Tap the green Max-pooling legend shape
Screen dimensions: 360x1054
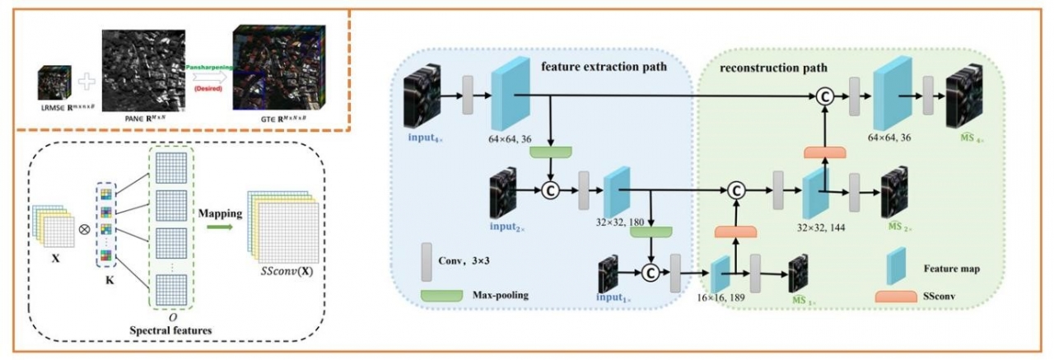click(x=441, y=294)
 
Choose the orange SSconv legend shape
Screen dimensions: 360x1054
click(x=896, y=295)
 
